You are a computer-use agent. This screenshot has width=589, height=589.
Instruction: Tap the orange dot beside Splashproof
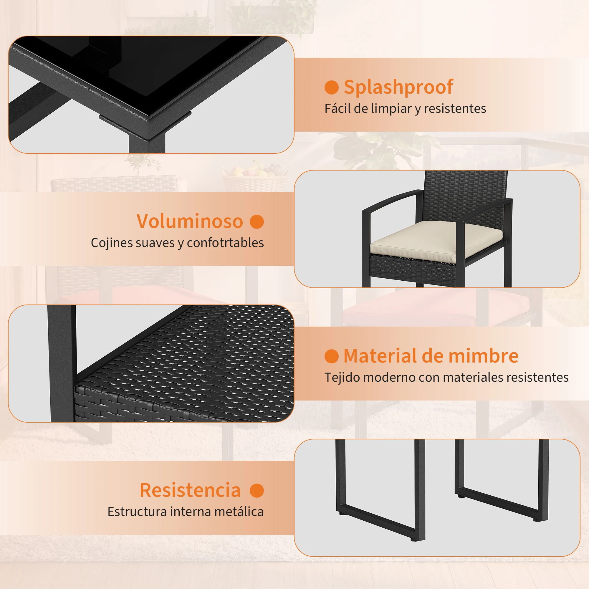click(x=332, y=87)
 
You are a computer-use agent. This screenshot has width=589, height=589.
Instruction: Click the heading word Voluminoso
click(x=190, y=221)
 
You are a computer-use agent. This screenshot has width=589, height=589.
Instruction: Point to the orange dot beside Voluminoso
click(x=257, y=222)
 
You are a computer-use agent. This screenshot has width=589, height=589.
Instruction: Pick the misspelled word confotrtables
click(x=225, y=243)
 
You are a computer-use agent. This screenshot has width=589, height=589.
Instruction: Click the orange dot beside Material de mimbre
click(x=332, y=356)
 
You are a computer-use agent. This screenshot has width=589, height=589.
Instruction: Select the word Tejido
click(x=343, y=378)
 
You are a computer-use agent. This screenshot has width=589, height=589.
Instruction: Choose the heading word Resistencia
click(x=190, y=490)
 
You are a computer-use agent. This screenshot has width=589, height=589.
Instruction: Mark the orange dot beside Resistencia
click(x=257, y=491)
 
